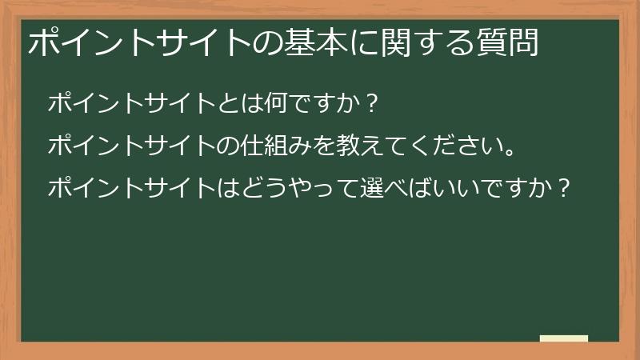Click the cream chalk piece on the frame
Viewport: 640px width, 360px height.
(563, 339)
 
